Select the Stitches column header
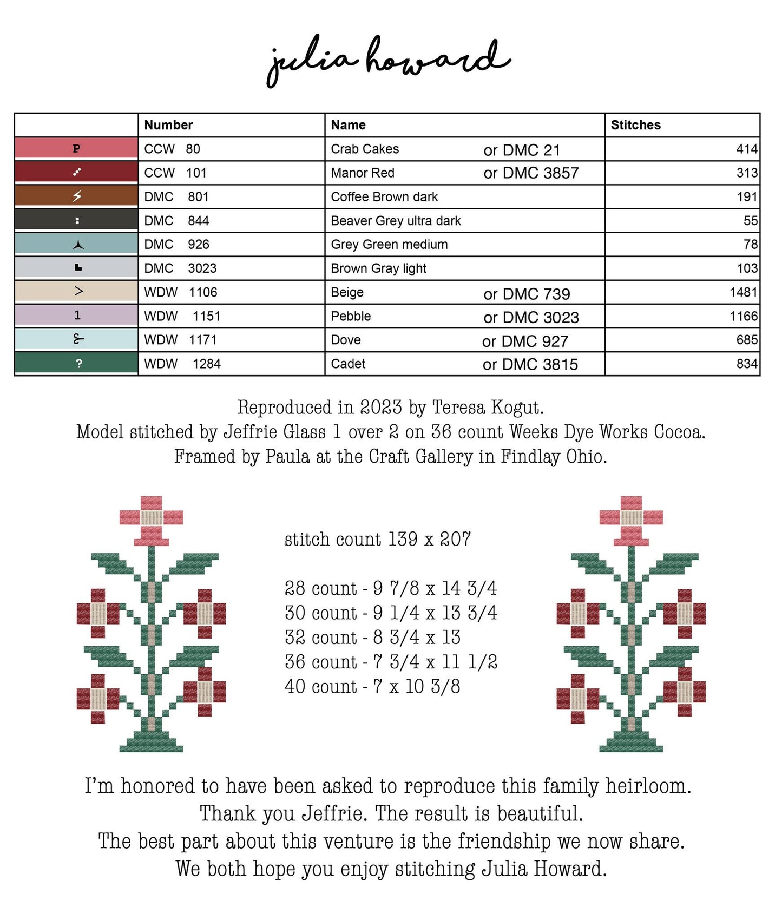635,125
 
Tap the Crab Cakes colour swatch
76,148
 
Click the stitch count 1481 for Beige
743,292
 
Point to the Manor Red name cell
363,173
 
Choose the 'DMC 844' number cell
176,221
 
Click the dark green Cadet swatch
76,363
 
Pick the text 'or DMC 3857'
531,173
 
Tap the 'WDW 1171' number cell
180,340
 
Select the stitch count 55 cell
750,221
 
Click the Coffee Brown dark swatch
76,196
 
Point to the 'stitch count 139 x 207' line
377,539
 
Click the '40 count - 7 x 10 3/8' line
372,686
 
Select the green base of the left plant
151,741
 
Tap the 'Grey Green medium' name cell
389,245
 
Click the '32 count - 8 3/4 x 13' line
372,637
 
